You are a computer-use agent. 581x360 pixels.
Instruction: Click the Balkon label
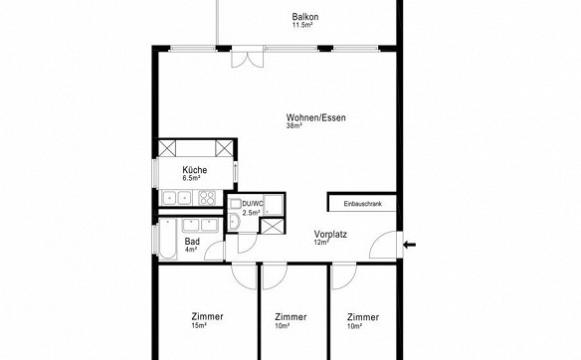305,17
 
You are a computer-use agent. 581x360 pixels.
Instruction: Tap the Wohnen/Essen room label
315,117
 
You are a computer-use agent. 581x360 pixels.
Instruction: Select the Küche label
195,170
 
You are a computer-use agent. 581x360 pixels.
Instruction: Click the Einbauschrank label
362,204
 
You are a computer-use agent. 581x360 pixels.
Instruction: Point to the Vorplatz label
330,235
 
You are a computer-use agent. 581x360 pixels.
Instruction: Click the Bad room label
192,242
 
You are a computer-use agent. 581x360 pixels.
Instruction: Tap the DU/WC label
253,203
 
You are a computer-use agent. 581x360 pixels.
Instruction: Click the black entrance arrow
410,245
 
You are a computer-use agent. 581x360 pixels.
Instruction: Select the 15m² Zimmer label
208,316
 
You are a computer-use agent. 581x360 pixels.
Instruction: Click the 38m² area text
294,126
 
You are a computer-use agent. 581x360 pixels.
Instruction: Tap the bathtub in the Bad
168,240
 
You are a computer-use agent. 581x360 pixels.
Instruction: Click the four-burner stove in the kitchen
206,198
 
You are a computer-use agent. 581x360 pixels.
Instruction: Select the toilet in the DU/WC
234,222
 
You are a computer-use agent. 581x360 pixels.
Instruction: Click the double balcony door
248,60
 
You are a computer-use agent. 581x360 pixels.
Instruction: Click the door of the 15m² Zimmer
244,275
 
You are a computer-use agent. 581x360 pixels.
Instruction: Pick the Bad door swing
214,251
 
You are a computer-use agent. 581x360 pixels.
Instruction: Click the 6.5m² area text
191,178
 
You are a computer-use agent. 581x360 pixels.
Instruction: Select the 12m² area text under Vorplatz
321,243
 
